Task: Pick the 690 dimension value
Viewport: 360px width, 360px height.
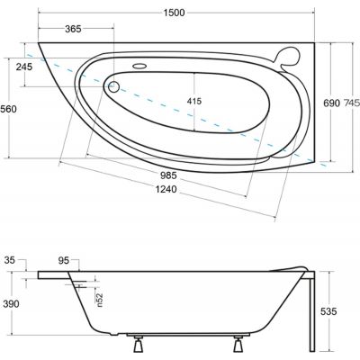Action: tap(332, 103)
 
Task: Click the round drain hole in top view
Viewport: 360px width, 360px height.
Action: tap(113, 87)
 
